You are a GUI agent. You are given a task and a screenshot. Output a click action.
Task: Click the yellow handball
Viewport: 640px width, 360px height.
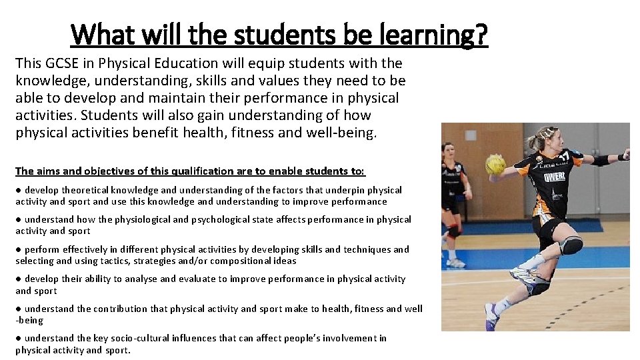(495, 164)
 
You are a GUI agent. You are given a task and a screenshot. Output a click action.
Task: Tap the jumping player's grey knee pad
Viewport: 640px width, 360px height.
(571, 246)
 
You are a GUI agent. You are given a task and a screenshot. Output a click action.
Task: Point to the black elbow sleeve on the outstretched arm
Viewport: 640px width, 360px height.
(601, 160)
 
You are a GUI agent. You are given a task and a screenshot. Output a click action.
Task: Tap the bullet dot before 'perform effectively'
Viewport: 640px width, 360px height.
(19, 249)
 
